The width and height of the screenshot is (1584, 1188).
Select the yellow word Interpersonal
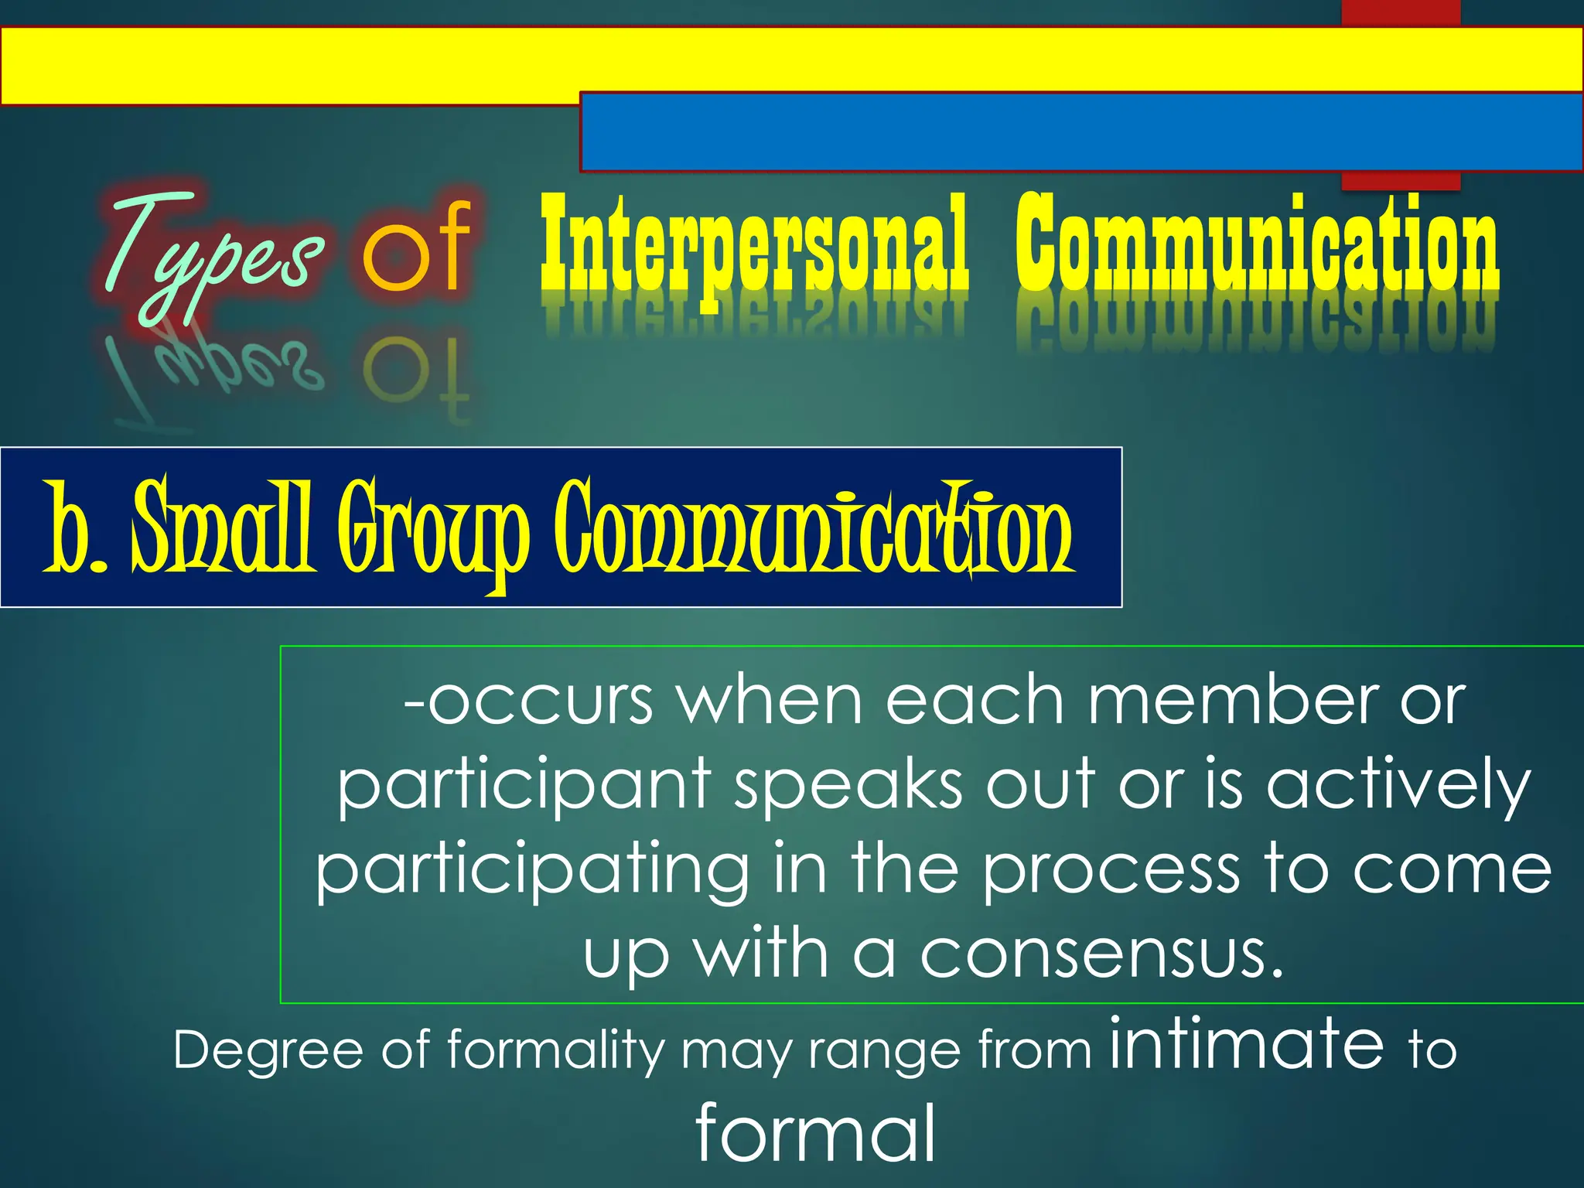coord(754,246)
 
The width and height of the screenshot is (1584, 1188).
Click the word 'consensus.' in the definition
coord(1101,955)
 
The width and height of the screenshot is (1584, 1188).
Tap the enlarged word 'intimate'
coord(1247,1044)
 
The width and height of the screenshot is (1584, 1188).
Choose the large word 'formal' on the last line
coord(815,1134)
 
